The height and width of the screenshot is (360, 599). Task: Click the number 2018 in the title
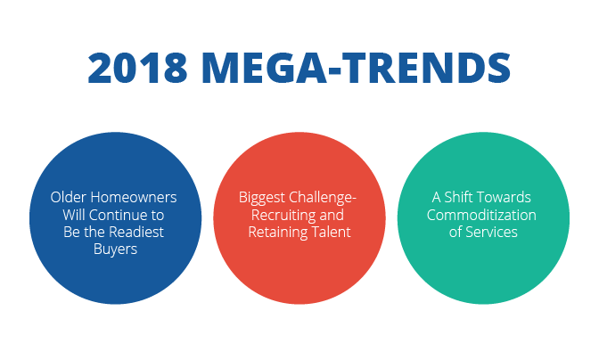pos(137,68)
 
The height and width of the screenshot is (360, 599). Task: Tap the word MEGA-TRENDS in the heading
pos(357,68)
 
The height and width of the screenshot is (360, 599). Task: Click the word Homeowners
pos(134,197)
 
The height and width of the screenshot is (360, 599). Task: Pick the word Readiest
pos(136,232)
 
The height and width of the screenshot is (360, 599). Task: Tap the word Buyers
pos(115,250)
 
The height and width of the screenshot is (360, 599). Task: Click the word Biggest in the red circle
pos(262,198)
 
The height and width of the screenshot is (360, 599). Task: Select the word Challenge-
pos(323,197)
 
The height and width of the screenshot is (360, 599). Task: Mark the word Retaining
pos(278,233)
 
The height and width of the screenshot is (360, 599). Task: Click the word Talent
pos(332,232)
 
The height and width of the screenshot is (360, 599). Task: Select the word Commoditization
pos(481,215)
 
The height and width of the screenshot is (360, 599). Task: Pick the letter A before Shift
pos(436,198)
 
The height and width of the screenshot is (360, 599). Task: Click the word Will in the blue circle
pos(74,215)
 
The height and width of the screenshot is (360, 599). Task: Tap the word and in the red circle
pos(332,215)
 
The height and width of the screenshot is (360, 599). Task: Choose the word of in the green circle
pos(455,232)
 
